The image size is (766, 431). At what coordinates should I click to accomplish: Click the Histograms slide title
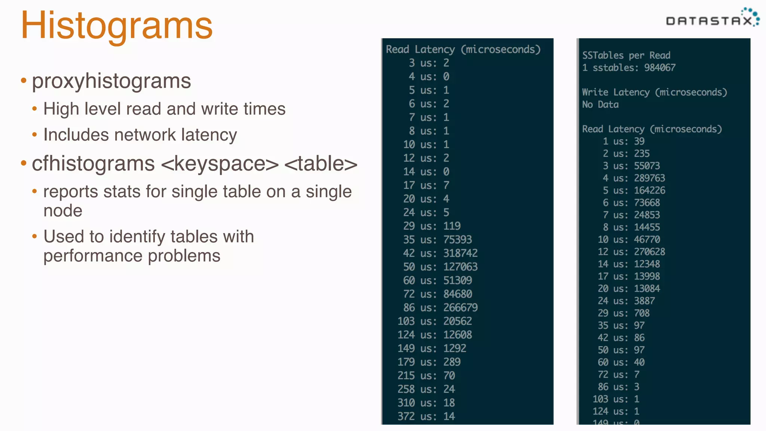(117, 25)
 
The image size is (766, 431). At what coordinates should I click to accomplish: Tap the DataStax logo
(712, 19)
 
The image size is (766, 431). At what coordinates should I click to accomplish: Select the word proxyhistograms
(111, 81)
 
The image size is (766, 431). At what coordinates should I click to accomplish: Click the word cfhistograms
(93, 163)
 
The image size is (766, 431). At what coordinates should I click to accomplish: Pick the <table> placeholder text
(321, 164)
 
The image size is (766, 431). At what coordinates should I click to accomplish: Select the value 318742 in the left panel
(460, 253)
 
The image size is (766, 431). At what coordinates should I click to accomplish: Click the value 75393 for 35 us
(457, 239)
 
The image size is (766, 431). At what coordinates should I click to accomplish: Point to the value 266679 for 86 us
(460, 308)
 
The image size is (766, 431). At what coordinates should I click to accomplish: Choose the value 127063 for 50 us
(460, 267)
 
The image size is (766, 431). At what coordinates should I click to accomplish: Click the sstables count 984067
(660, 68)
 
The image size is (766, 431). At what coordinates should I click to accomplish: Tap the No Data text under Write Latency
(600, 105)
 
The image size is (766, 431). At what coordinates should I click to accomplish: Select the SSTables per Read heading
(626, 55)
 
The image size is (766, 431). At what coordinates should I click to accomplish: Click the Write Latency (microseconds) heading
(655, 92)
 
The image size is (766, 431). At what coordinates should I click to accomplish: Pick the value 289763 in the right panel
(649, 178)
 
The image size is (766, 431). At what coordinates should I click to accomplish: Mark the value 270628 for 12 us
(649, 252)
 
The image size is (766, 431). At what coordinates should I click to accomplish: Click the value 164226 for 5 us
(649, 190)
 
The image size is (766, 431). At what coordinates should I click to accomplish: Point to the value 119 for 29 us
(452, 226)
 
